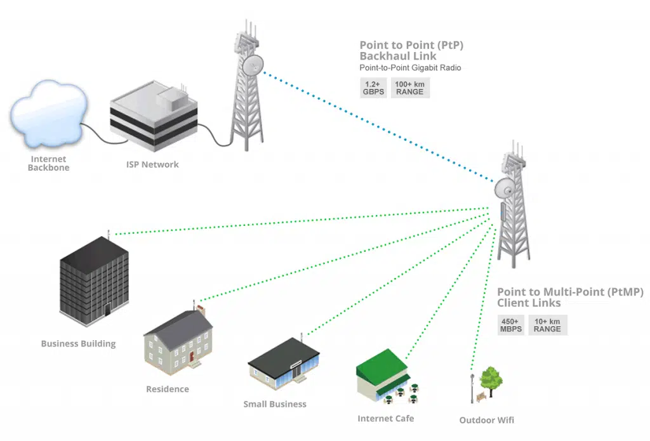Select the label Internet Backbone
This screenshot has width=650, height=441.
coord(48,164)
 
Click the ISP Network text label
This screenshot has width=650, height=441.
coord(152,165)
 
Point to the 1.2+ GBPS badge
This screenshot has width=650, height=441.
coord(374,88)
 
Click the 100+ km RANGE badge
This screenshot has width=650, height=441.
coord(410,88)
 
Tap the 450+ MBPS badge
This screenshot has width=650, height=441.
coord(511,325)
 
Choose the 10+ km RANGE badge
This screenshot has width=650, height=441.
coord(547,325)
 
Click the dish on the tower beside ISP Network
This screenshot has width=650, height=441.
coord(252,65)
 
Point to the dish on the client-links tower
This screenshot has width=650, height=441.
coord(506,188)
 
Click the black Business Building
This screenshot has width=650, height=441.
coord(94,279)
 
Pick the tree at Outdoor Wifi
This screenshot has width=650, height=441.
coord(490,379)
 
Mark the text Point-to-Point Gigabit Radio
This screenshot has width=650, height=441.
coord(410,68)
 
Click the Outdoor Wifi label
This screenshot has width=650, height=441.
coord(486,420)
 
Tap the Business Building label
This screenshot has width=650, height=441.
coord(78,344)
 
